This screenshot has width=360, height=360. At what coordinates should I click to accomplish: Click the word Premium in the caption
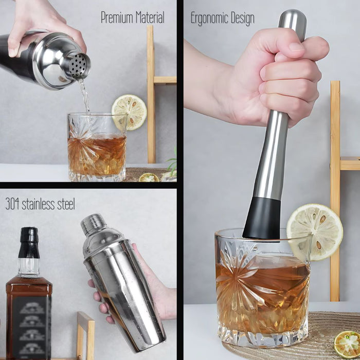pyautogui.click(x=117, y=18)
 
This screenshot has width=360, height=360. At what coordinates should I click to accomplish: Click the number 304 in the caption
pyautogui.click(x=13, y=204)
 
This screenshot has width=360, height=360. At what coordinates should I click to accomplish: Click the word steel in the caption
pyautogui.click(x=66, y=204)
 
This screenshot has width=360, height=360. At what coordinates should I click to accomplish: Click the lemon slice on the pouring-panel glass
pyautogui.click(x=129, y=112)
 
